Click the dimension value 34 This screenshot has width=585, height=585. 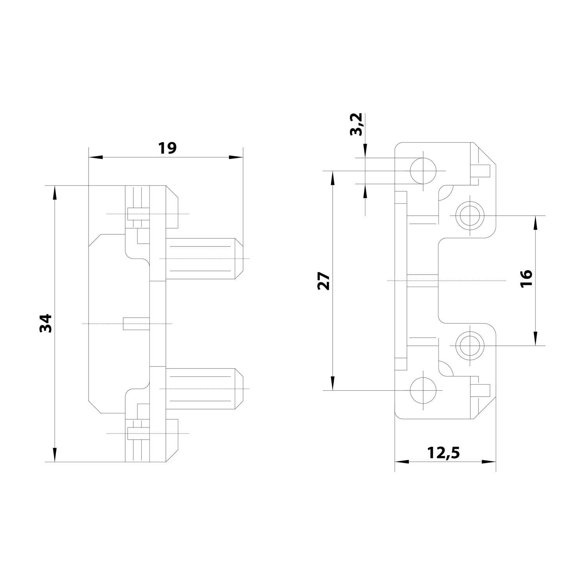tap(46, 323)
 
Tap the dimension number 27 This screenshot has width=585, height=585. tap(324, 281)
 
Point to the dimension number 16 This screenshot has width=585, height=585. tap(526, 278)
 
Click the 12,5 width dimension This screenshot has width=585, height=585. tap(444, 453)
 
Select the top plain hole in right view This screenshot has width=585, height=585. tap(423, 171)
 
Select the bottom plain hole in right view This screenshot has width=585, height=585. tap(423, 390)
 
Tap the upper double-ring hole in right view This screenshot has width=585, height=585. tap(470, 215)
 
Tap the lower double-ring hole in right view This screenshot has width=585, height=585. tap(470, 346)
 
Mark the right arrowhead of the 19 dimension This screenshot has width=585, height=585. tap(235, 157)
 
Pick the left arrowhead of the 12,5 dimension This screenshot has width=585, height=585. tap(402, 462)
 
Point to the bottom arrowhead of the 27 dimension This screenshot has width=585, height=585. tap(332, 383)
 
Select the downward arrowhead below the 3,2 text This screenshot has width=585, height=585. tap(365, 152)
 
